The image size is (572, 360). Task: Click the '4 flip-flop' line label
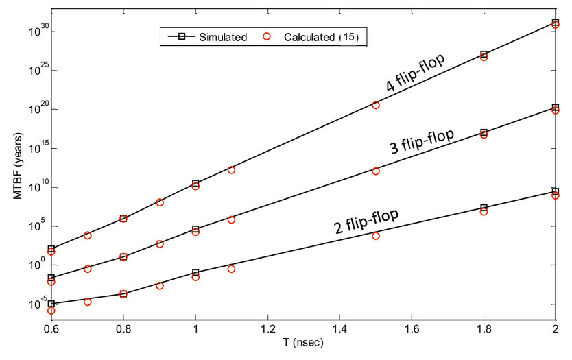[416, 73]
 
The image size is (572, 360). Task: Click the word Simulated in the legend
[223, 37]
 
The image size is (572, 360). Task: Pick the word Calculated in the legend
[309, 37]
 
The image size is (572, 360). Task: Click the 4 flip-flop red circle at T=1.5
[376, 105]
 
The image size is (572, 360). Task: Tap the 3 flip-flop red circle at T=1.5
[376, 171]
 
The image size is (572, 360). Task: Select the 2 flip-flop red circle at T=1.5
[376, 236]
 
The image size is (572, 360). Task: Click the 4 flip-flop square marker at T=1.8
[484, 54]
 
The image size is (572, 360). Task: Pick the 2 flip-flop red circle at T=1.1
[232, 269]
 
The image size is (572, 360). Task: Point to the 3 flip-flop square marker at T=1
[195, 229]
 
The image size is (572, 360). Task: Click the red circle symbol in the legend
[268, 37]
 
